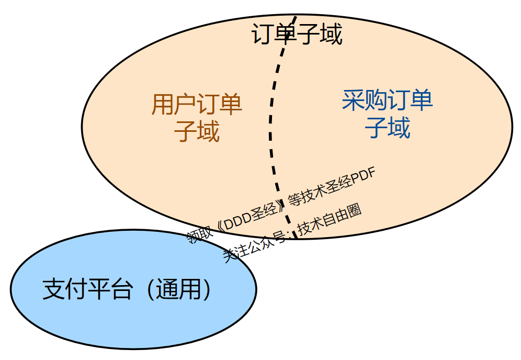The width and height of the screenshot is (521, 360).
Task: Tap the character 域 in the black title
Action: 332,35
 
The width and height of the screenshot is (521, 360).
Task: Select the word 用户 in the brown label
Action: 174,105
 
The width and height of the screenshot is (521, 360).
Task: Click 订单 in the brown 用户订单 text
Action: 220,105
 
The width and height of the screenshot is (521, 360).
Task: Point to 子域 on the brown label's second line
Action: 197,132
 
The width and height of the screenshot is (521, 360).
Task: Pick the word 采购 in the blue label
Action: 365,100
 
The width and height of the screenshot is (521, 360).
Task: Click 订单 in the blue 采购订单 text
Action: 410,100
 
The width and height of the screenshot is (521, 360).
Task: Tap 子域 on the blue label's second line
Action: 387,127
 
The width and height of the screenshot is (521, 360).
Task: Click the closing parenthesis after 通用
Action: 208,289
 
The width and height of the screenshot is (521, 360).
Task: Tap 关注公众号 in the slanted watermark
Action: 255,245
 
